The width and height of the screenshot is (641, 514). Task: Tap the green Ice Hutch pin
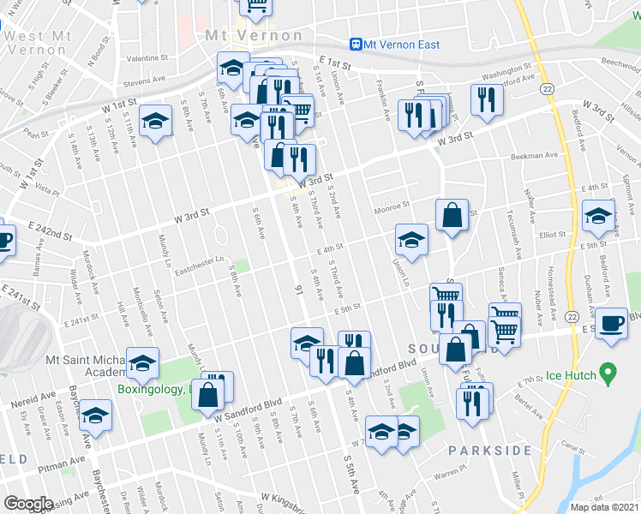pos(608,374)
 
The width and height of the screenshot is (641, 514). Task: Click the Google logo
pos(28,504)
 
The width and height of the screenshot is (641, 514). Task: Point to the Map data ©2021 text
pos(604,507)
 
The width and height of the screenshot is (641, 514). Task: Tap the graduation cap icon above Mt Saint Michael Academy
pos(142,364)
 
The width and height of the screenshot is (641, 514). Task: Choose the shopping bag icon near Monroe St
pos(452,215)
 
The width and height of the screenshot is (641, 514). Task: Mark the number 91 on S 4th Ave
pos(299,289)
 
